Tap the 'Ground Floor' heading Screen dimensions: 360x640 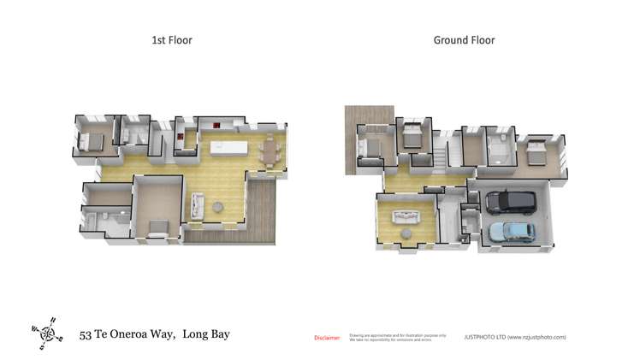click(x=464, y=40)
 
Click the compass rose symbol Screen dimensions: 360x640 click(x=47, y=330)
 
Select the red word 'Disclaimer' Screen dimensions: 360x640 click(x=328, y=338)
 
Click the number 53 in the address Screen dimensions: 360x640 click(x=86, y=335)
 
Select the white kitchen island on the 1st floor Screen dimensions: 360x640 click(x=228, y=148)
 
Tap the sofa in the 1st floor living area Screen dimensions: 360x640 click(x=199, y=204)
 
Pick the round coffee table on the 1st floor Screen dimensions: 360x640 click(x=217, y=206)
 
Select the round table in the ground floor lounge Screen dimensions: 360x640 click(x=406, y=232)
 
